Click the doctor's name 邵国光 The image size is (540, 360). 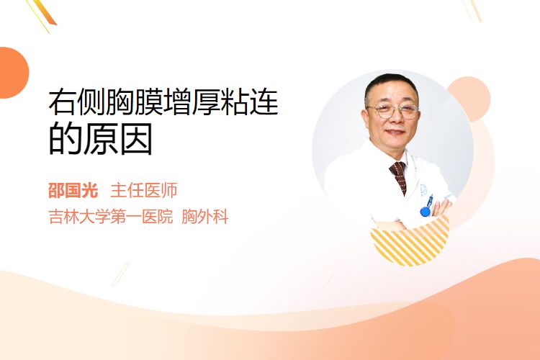pos(73,191)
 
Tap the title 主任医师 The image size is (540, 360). pos(144,191)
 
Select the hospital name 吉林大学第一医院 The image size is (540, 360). pos(111,217)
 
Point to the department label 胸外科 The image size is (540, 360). pos(205,217)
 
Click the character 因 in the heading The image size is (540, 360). pos(135,140)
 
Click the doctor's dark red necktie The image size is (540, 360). pos(399,176)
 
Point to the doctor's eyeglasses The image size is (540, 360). pos(393,112)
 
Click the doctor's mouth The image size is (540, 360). pos(395,132)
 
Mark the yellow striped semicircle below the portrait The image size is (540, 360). pos(410,241)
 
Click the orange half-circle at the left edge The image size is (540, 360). pos(14,73)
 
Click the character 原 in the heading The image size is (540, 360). pos(101,140)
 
